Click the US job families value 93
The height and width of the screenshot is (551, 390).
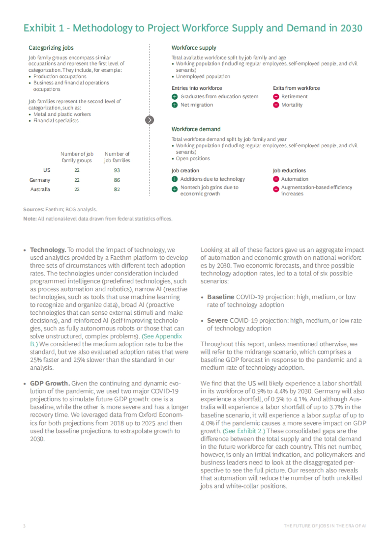coord(117,170)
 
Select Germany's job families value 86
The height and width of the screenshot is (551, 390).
coord(117,180)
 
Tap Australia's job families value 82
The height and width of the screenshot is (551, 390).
coord(117,189)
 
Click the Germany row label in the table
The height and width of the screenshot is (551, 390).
coord(40,180)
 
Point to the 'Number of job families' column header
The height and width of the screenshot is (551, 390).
coord(117,157)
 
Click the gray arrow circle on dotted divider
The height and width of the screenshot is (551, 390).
coord(149,120)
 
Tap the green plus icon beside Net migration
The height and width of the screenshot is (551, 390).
coord(175,105)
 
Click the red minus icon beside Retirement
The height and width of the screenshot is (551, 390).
coord(276,97)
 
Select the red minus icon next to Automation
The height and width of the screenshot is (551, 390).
coord(276,179)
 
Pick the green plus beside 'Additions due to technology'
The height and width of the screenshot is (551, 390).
coord(175,179)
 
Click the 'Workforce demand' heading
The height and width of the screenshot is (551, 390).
coord(196,129)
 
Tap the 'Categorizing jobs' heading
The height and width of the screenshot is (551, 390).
coord(51,48)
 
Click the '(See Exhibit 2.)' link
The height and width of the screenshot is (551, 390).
coord(244,431)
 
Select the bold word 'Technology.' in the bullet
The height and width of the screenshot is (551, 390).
coord(48,250)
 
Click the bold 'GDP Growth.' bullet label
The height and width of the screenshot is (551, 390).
coord(50,383)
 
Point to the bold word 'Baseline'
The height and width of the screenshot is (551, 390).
coord(220,297)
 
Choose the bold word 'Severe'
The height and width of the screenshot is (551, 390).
coord(217,321)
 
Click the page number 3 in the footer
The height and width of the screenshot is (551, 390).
coord(24,526)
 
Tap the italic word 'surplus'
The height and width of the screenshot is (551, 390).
coord(331,415)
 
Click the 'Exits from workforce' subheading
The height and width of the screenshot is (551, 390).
coord(296,88)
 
